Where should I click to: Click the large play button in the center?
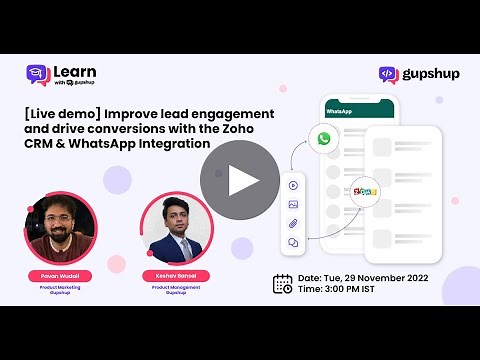tap(241, 179)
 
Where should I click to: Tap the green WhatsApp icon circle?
tap(324, 138)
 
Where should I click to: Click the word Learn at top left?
tap(75, 72)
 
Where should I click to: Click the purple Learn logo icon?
tap(38, 76)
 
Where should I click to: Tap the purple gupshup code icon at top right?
tap(389, 74)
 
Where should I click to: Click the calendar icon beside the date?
tap(283, 283)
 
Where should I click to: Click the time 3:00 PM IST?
tap(348, 290)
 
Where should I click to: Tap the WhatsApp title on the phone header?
tap(340, 110)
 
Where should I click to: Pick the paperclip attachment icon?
tap(293, 223)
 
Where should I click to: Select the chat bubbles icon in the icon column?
tap(293, 242)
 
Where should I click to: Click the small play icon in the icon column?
tap(293, 185)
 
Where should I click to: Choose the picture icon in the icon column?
tap(293, 204)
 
